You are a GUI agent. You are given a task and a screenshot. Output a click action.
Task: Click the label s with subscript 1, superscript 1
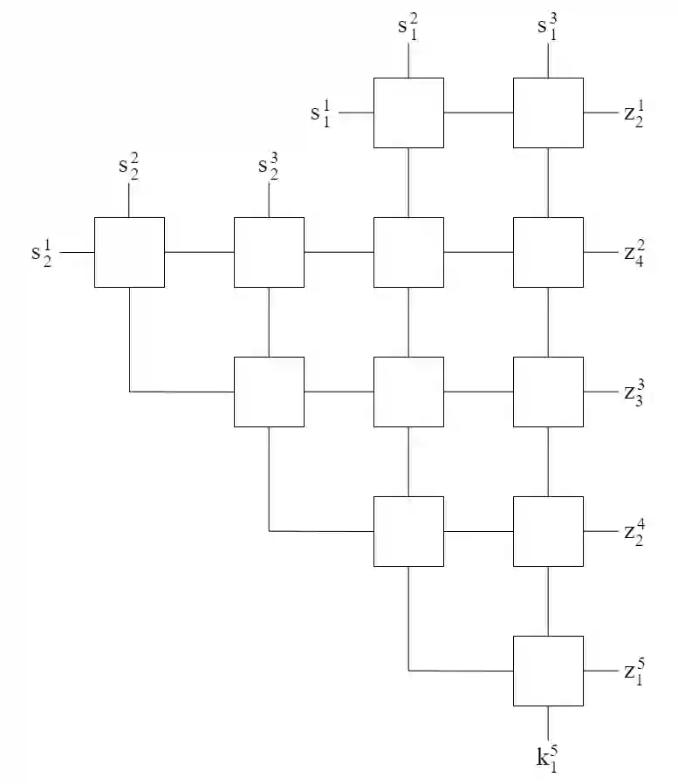[x=321, y=113]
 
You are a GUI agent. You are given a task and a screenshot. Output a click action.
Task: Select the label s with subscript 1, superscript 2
[x=407, y=26]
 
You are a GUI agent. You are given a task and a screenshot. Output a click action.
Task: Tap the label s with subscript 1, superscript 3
[x=547, y=26]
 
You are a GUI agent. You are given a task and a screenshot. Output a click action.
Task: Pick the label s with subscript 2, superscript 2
[x=128, y=166]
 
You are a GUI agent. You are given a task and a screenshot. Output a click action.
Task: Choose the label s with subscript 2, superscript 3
[x=268, y=166]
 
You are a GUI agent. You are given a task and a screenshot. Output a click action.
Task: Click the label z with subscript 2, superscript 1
[x=635, y=113]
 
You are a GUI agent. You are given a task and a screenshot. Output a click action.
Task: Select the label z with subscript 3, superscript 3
[x=635, y=392]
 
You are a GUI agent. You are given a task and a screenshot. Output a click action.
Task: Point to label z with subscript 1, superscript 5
[x=635, y=672]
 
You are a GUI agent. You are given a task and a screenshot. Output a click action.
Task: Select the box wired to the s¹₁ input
[x=408, y=112]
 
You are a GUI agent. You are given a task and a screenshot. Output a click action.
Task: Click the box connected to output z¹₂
[x=548, y=112]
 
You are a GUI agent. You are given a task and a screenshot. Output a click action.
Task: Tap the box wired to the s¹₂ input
[x=129, y=252]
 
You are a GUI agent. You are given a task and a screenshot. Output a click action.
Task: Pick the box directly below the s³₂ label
[x=269, y=252]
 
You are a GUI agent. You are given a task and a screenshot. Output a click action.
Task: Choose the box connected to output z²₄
[x=548, y=252]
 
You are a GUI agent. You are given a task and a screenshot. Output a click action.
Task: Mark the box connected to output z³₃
[x=548, y=392]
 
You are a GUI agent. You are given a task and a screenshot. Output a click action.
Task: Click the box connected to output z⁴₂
[x=548, y=531]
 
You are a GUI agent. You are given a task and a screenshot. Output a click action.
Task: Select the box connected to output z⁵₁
[x=548, y=671]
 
